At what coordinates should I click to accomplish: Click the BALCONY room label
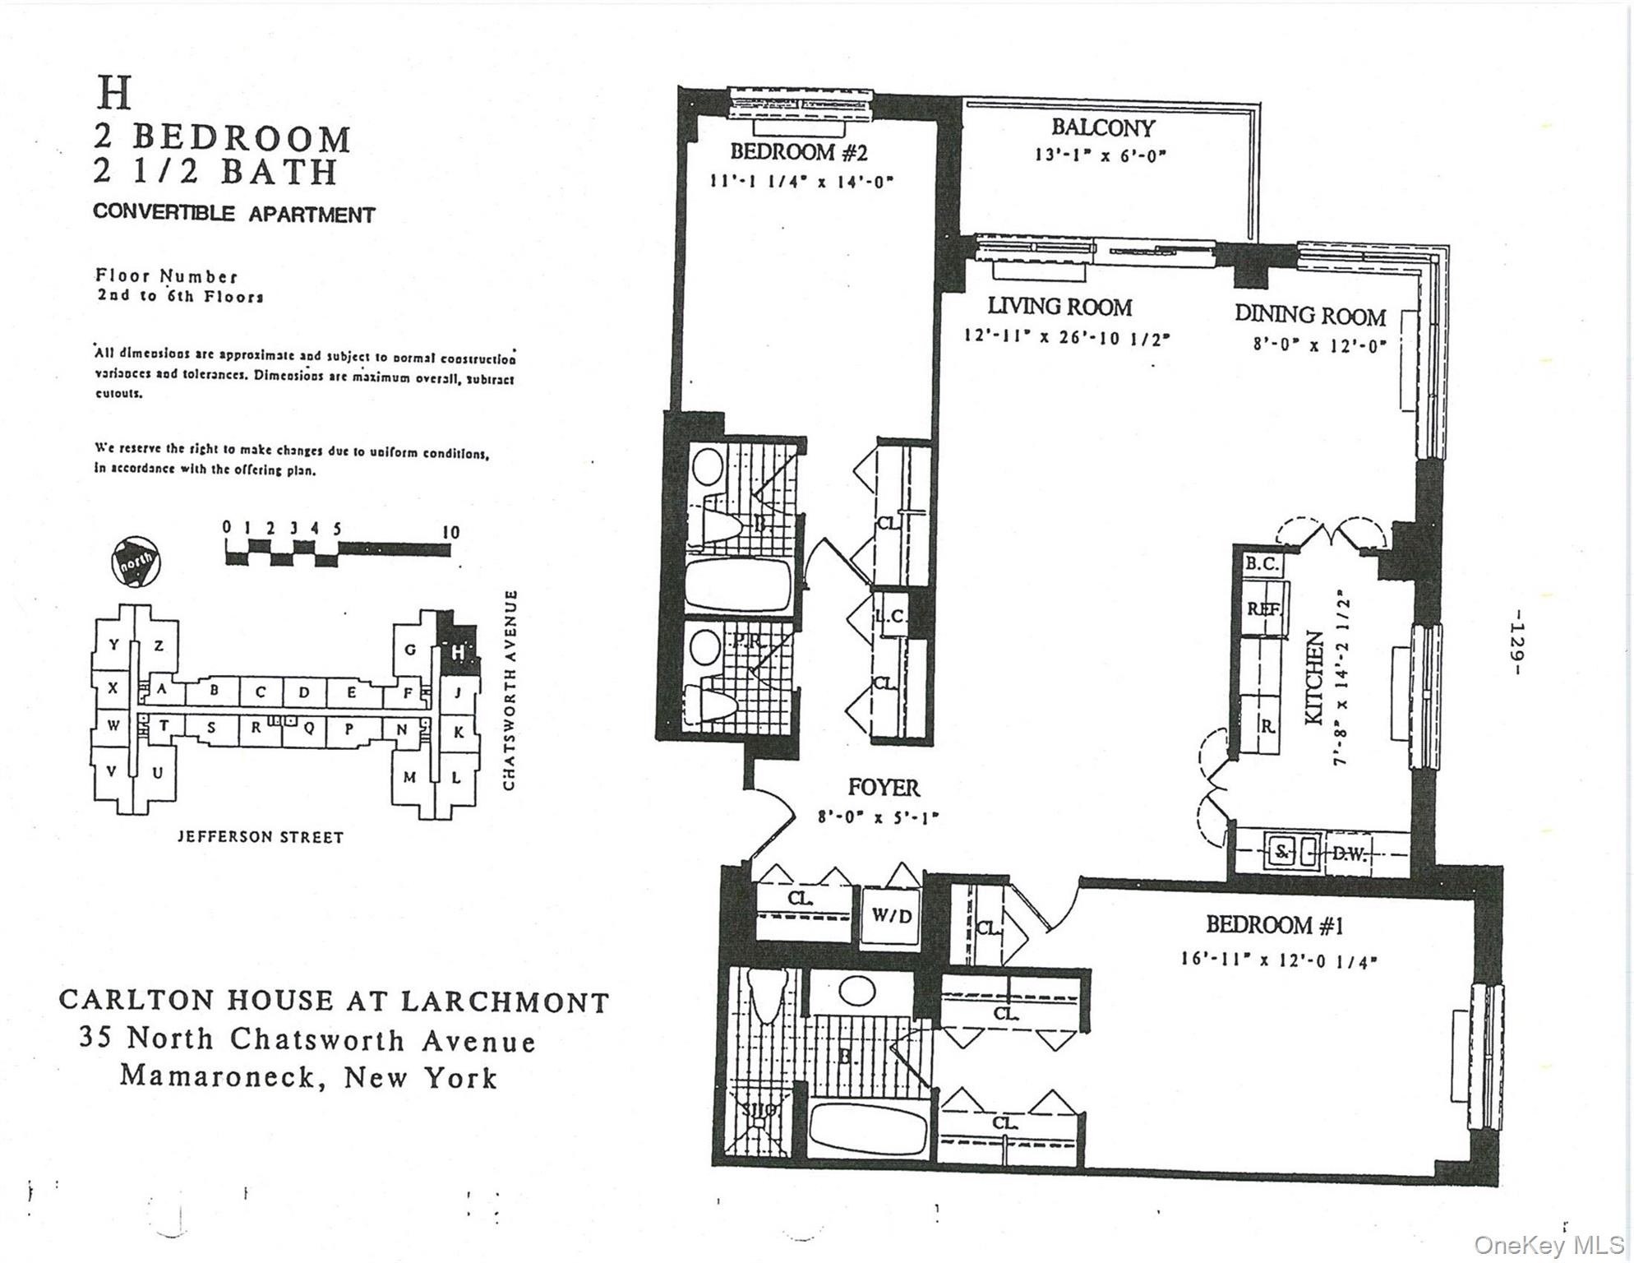point(1102,127)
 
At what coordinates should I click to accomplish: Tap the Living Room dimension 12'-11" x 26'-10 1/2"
point(1066,337)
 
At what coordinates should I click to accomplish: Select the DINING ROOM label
point(1309,315)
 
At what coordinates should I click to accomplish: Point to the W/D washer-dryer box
point(891,915)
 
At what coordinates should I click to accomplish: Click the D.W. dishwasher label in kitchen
point(1348,854)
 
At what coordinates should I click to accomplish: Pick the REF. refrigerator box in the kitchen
point(1262,609)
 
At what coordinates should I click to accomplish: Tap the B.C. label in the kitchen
point(1261,563)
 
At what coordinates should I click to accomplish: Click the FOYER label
point(884,788)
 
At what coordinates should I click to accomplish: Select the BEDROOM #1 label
point(1274,925)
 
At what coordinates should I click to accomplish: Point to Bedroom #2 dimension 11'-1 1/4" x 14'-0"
point(801,180)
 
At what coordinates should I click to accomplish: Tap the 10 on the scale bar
point(450,532)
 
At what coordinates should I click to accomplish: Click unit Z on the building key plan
point(159,645)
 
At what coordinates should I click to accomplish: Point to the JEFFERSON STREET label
point(261,837)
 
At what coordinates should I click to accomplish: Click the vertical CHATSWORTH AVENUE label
point(510,690)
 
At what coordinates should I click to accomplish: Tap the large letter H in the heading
point(114,93)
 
